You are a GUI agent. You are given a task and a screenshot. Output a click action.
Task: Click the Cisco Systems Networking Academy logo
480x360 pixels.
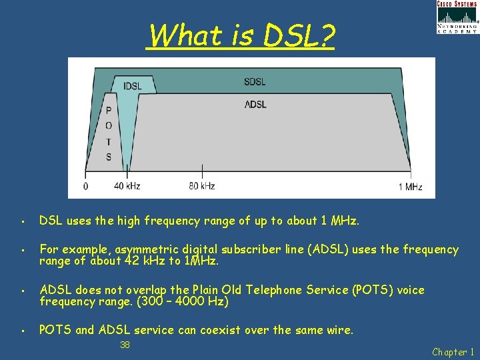[x=457, y=17]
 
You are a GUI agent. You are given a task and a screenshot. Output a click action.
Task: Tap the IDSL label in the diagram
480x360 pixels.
[x=133, y=86]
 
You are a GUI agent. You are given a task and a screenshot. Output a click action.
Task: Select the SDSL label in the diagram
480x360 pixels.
[x=255, y=82]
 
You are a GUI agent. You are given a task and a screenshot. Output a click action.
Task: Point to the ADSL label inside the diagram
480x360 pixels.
[x=255, y=104]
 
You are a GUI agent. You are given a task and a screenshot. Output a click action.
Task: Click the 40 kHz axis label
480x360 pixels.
[x=127, y=186]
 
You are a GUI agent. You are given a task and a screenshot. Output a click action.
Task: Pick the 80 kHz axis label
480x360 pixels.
[x=201, y=186]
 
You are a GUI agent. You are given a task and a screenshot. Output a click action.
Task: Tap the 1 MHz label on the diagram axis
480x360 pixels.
[x=410, y=187]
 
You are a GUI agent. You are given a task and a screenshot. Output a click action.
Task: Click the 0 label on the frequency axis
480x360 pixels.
[x=85, y=187]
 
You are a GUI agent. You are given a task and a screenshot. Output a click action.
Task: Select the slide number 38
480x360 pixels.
[x=125, y=345]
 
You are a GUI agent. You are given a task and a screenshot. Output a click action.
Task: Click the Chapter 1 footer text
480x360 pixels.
[x=453, y=351]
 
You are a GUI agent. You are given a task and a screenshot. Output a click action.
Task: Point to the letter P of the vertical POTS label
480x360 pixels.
[x=109, y=111]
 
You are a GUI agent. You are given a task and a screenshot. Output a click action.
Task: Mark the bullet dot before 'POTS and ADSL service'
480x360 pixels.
[x=23, y=330]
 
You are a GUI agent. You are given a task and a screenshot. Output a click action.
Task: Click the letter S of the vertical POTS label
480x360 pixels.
[x=109, y=157]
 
